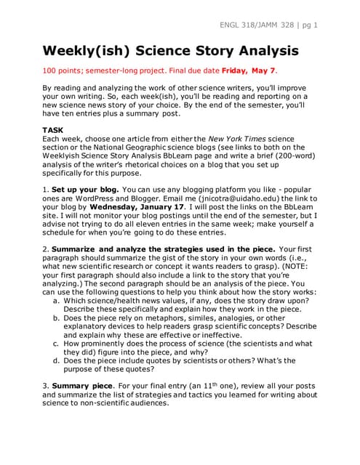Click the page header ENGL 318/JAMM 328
point(257,25)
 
